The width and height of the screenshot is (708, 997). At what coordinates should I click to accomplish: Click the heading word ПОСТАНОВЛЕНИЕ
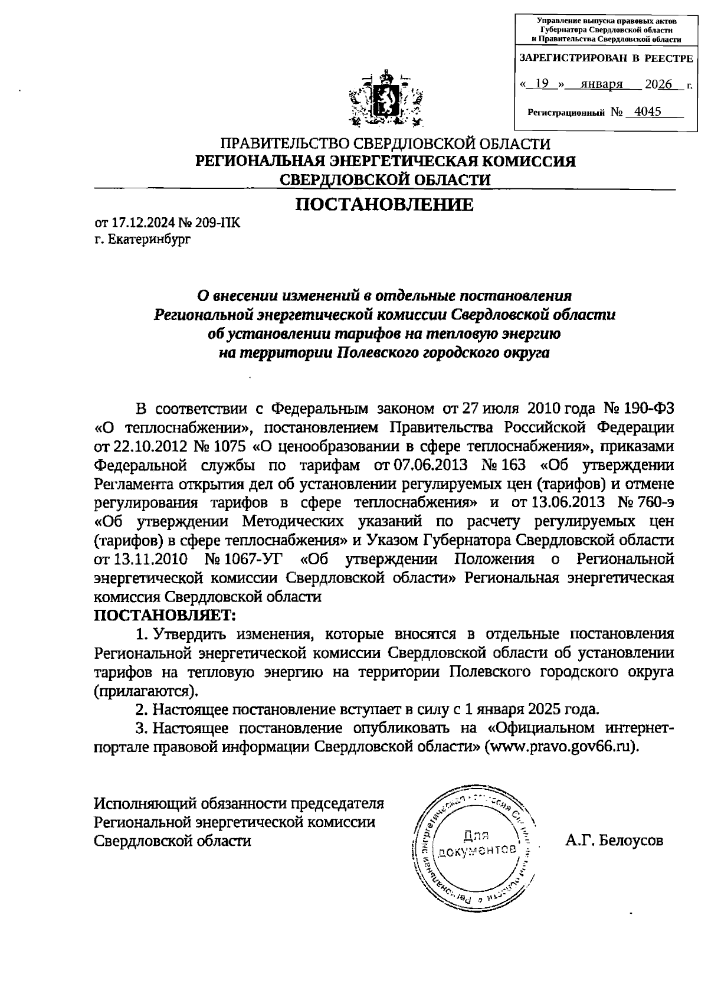[x=384, y=205]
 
